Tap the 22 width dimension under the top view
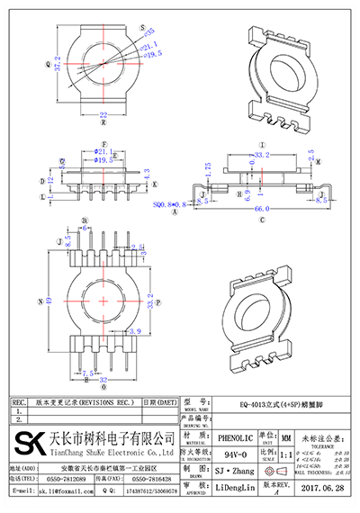103,115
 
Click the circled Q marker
46,64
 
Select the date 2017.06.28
323,490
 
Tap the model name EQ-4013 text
261,405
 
